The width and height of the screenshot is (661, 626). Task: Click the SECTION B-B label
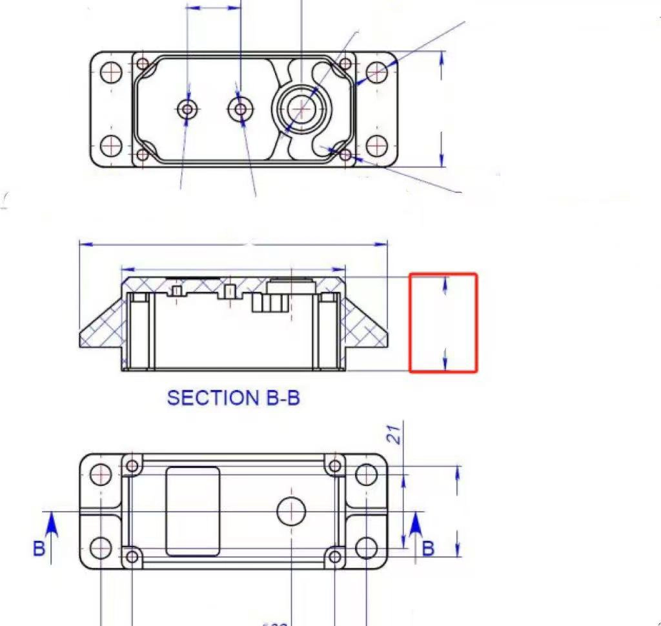pos(233,398)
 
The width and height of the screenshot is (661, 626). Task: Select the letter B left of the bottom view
pos(39,548)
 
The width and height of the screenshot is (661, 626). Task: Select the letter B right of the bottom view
pos(427,548)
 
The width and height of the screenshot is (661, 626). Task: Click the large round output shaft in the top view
pos(301,110)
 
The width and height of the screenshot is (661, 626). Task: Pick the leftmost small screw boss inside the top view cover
pos(188,110)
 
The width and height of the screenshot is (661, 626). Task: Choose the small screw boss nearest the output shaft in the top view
pos(241,110)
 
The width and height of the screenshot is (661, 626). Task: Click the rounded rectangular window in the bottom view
pos(192,511)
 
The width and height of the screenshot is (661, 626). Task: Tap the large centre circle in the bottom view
pos(291,511)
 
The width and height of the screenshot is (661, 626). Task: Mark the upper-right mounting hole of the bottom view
pos(366,474)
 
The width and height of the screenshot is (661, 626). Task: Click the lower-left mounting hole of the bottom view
pos(101,548)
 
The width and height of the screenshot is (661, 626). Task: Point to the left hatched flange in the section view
pos(102,330)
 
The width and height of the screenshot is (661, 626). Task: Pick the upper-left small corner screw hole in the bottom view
pos(133,465)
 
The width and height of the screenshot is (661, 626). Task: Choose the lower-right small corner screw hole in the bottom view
pos(334,556)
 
